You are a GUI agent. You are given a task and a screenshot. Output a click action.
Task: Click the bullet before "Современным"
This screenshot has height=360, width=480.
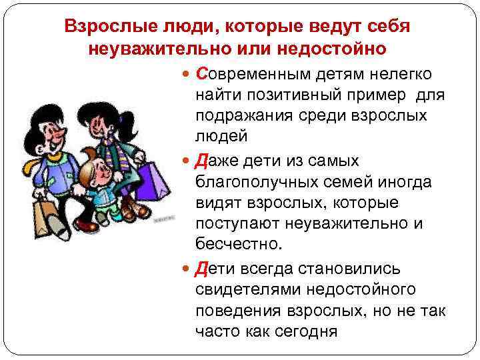(186, 73)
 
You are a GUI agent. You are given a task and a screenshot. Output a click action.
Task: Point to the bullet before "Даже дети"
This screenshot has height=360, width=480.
(186, 161)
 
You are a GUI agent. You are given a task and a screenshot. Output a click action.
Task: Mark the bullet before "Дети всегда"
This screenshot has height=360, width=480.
(186, 269)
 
